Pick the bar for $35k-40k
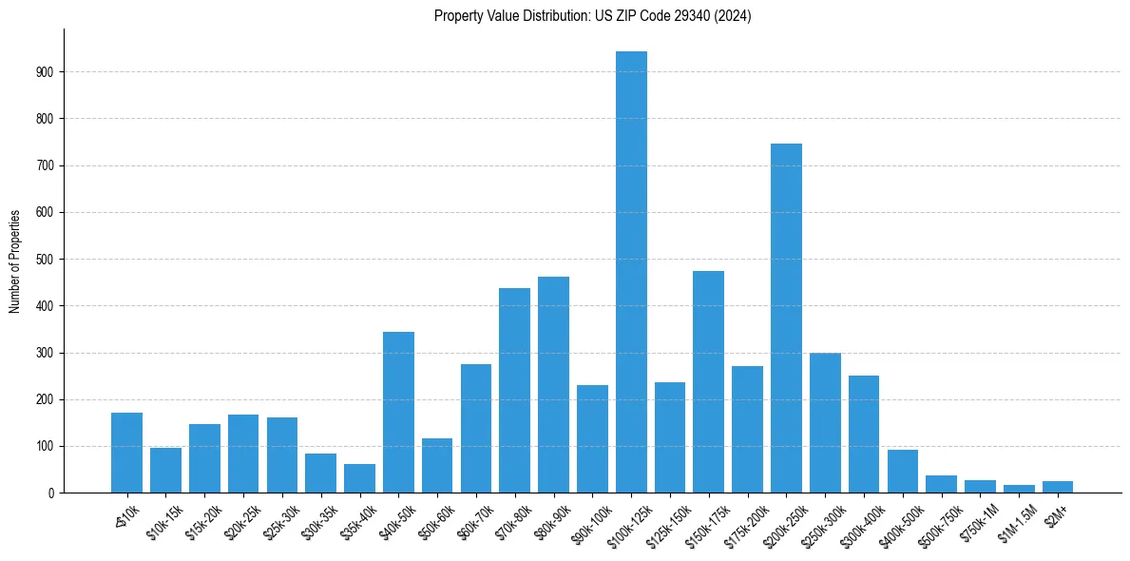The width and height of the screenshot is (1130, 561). click(x=359, y=478)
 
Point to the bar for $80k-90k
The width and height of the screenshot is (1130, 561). click(x=553, y=384)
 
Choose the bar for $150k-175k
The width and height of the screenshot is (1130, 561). click(x=708, y=381)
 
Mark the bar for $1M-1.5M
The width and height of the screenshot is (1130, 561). click(x=1019, y=489)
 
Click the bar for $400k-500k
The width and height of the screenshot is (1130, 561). click(x=902, y=471)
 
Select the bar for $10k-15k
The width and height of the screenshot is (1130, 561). click(x=165, y=470)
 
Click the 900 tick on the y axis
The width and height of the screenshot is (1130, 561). click(x=50, y=72)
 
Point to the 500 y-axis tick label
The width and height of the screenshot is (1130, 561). click(x=50, y=260)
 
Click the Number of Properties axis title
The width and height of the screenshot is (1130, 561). click(x=15, y=261)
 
